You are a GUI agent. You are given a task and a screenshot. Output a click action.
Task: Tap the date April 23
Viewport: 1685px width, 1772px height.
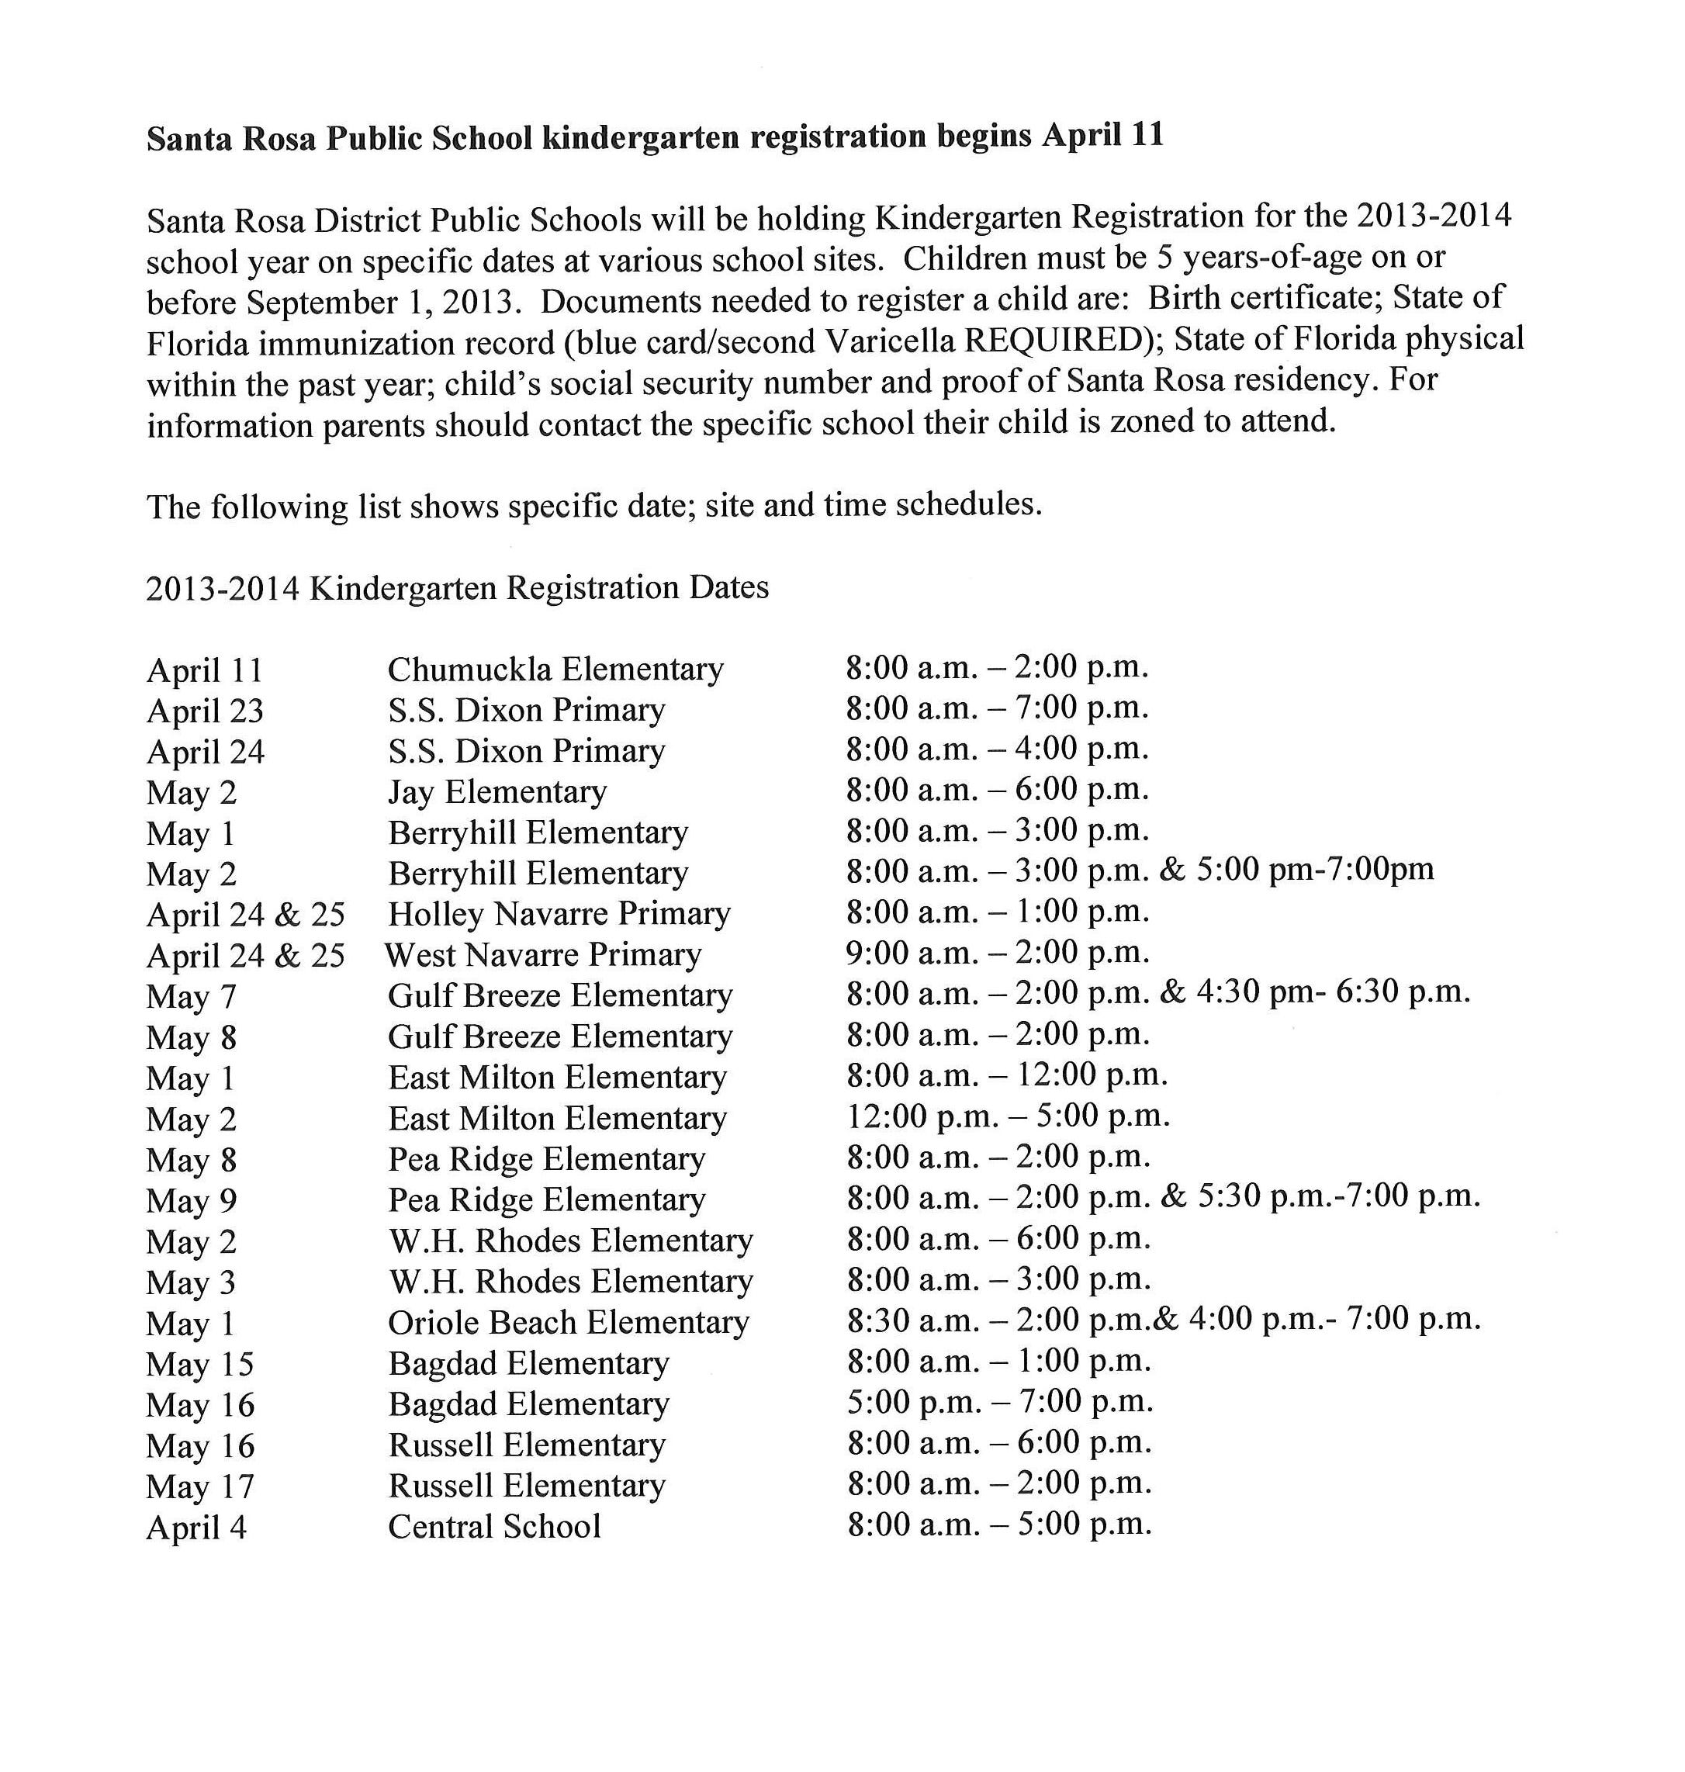[x=205, y=711]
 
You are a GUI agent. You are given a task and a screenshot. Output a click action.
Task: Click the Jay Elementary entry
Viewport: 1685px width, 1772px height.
[x=497, y=792]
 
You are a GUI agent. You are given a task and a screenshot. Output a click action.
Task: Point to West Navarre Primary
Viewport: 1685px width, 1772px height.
[x=543, y=955]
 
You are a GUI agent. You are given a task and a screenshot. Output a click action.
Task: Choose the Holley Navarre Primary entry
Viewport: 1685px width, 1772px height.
[x=559, y=913]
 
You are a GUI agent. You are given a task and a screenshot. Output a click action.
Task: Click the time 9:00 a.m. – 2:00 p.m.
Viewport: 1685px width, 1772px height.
[x=997, y=952]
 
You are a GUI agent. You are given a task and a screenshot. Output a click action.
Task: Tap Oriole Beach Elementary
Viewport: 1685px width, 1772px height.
[x=569, y=1322]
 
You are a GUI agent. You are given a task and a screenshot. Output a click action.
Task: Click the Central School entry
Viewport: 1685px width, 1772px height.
[x=494, y=1527]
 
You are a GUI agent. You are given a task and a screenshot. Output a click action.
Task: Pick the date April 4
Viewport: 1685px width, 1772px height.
[x=195, y=1528]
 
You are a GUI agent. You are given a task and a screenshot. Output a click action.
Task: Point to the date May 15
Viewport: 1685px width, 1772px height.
[x=199, y=1364]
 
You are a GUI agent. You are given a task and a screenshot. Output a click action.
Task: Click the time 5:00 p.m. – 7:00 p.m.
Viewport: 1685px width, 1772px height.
[x=998, y=1402]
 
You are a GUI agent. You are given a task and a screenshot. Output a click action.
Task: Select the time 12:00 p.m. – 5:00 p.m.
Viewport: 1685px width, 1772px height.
[x=1008, y=1116]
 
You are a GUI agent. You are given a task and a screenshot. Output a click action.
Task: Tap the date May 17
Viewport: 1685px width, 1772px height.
[x=200, y=1486]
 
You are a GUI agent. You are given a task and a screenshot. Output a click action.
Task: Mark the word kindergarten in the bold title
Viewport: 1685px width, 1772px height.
[x=642, y=137]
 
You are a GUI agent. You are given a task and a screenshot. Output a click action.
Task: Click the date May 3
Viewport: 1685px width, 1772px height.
[x=190, y=1282]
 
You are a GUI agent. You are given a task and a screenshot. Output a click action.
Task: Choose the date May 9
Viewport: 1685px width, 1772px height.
[x=192, y=1201]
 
